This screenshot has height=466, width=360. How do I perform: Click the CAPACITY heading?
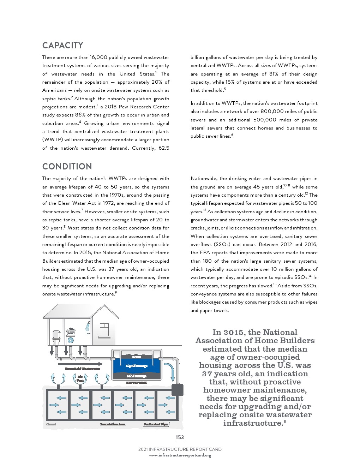coord(63,46)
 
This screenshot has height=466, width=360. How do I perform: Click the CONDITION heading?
coord(67,167)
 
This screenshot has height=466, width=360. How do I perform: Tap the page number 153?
coord(180,437)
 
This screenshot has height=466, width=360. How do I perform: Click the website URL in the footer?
coord(180,455)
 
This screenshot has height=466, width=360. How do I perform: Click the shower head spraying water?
coord(88,327)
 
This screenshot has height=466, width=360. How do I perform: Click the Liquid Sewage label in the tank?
coord(136,366)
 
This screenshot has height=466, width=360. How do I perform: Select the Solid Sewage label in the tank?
coord(136,376)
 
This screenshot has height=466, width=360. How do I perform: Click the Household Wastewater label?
coord(82,369)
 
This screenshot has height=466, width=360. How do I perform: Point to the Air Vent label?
coord(80,379)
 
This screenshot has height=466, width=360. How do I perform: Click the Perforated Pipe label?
coord(155,424)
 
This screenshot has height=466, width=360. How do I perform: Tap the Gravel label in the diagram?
coord(51,424)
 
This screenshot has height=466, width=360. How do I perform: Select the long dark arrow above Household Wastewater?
coord(80,364)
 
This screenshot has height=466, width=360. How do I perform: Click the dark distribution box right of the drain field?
coord(178,390)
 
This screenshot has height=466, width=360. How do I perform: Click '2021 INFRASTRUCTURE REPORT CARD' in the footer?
coord(180,449)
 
